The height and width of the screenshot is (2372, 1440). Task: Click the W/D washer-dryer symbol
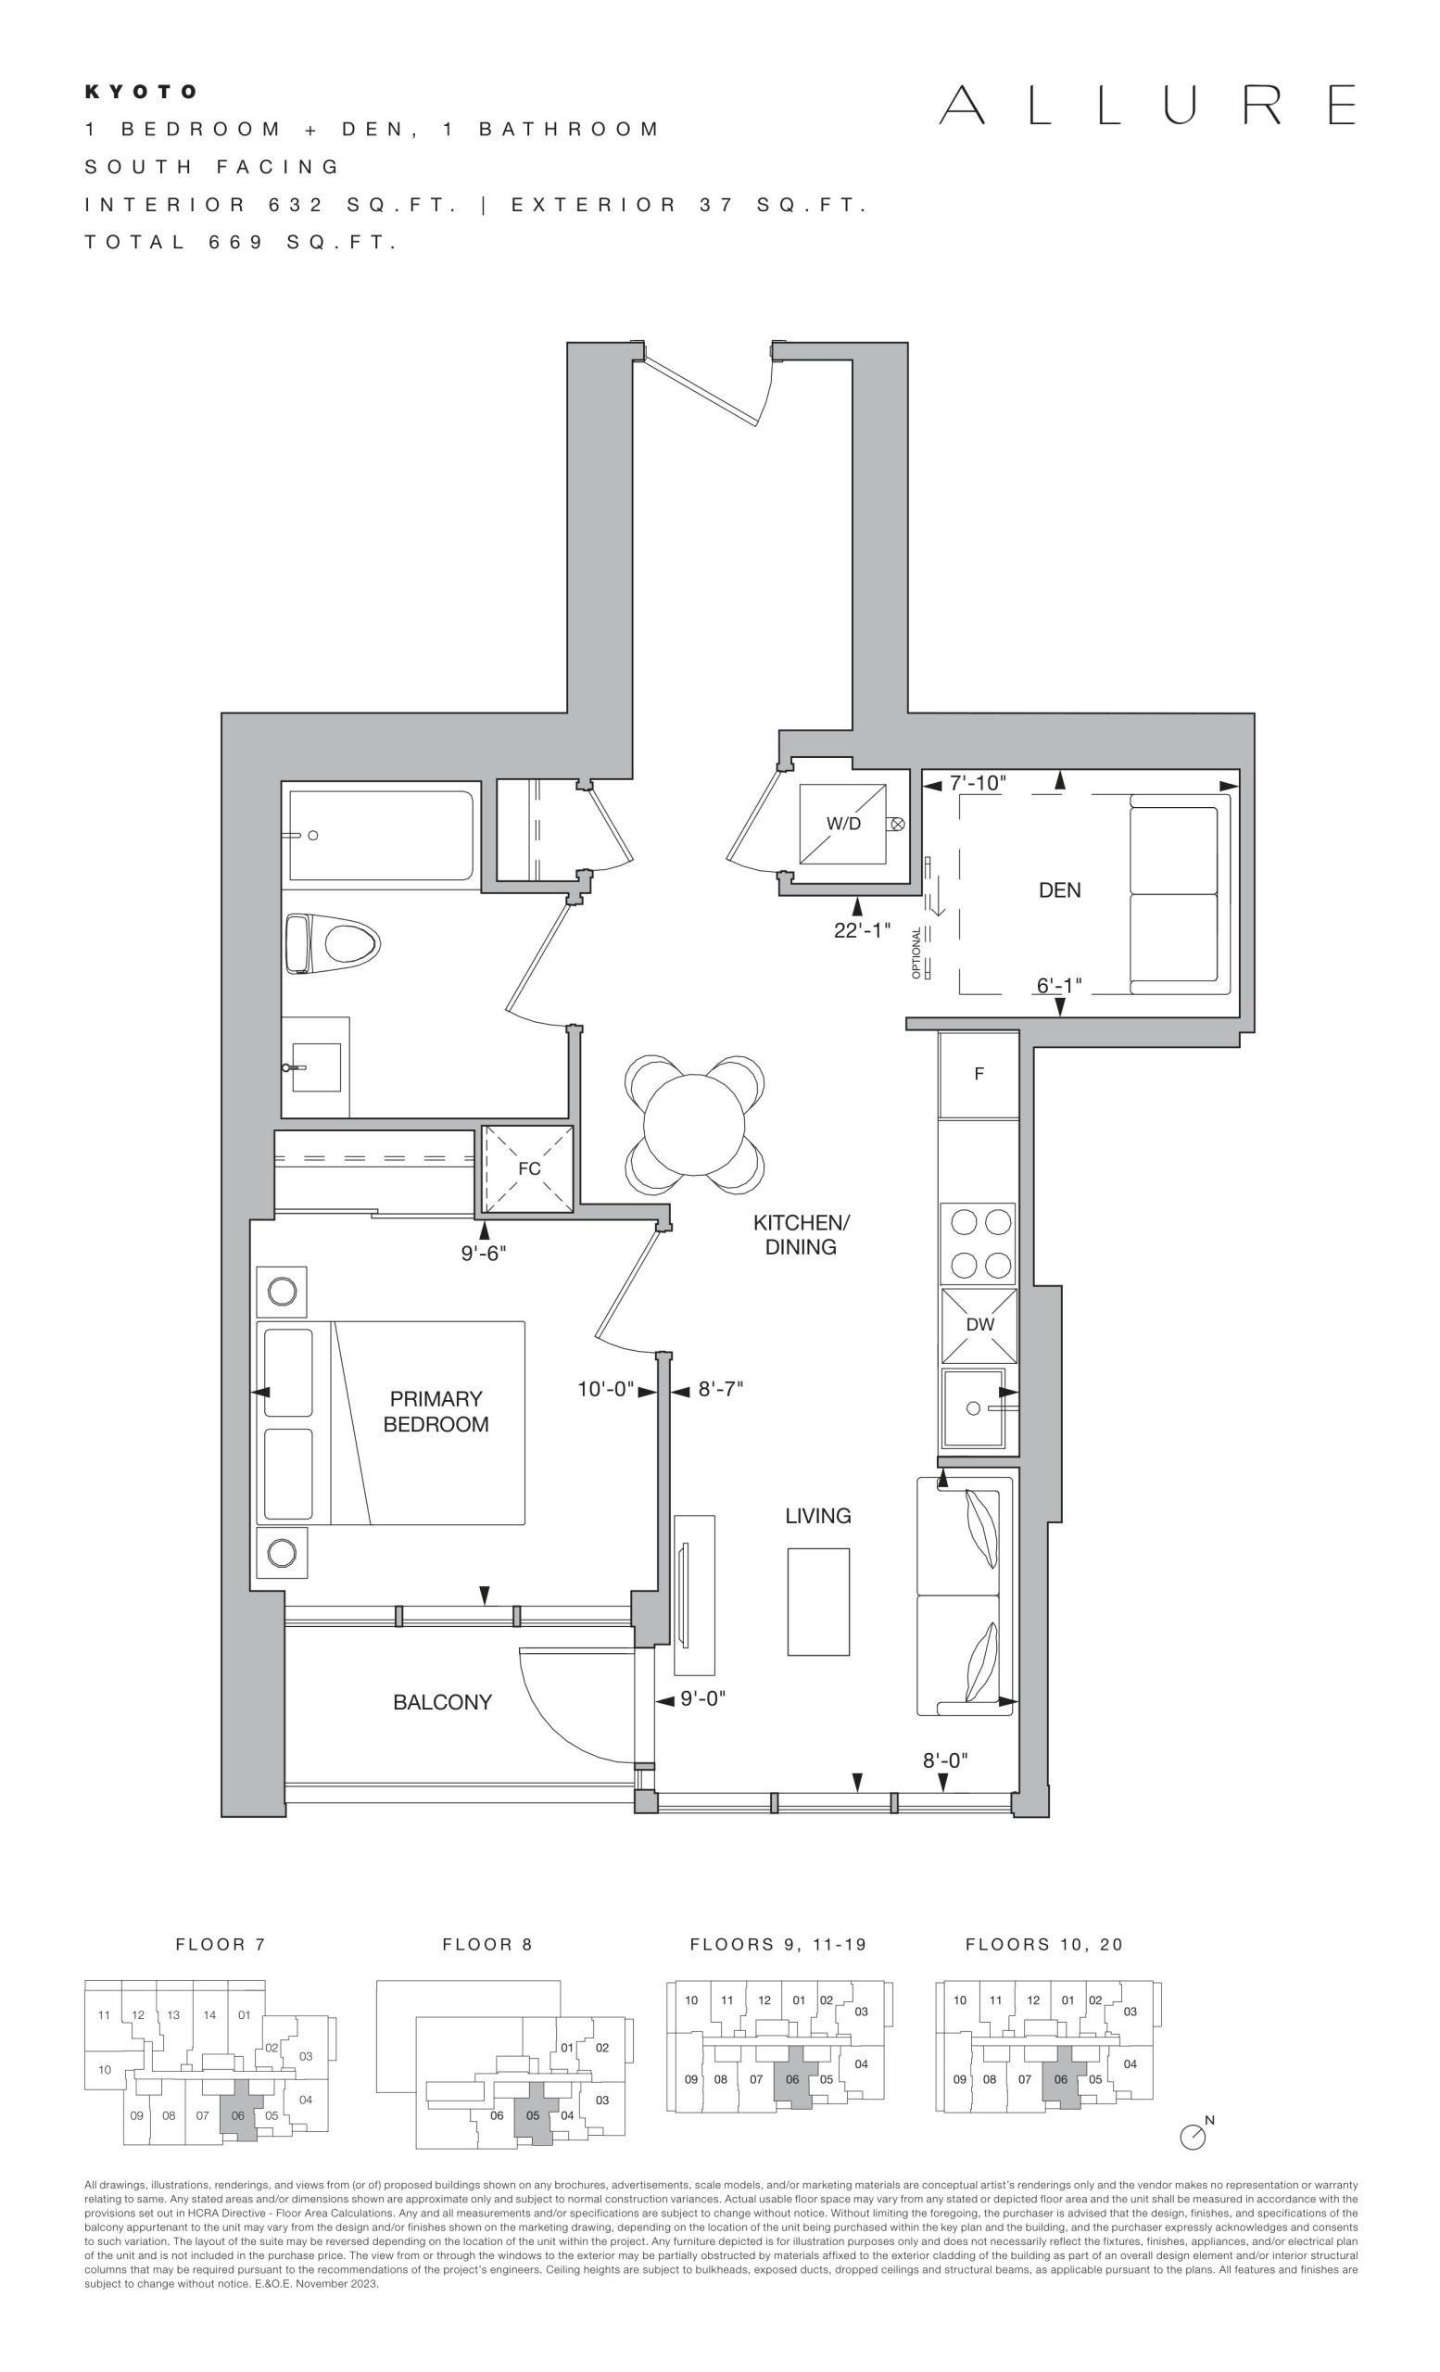click(842, 823)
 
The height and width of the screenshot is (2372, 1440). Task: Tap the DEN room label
click(1059, 890)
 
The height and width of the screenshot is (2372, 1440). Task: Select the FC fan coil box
click(528, 1168)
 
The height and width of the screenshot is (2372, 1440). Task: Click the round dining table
click(694, 1123)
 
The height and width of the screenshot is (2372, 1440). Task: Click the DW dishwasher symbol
click(979, 1325)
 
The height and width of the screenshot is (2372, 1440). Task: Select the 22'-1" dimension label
click(863, 931)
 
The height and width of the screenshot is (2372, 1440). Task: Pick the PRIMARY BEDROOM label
click(436, 1411)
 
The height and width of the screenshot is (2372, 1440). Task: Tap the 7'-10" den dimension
click(977, 784)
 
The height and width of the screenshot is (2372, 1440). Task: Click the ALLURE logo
click(1147, 105)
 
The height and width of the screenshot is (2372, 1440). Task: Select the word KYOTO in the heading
click(141, 92)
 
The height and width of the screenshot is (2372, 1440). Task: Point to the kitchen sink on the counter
click(974, 1408)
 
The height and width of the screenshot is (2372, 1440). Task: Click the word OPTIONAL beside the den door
click(916, 953)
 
